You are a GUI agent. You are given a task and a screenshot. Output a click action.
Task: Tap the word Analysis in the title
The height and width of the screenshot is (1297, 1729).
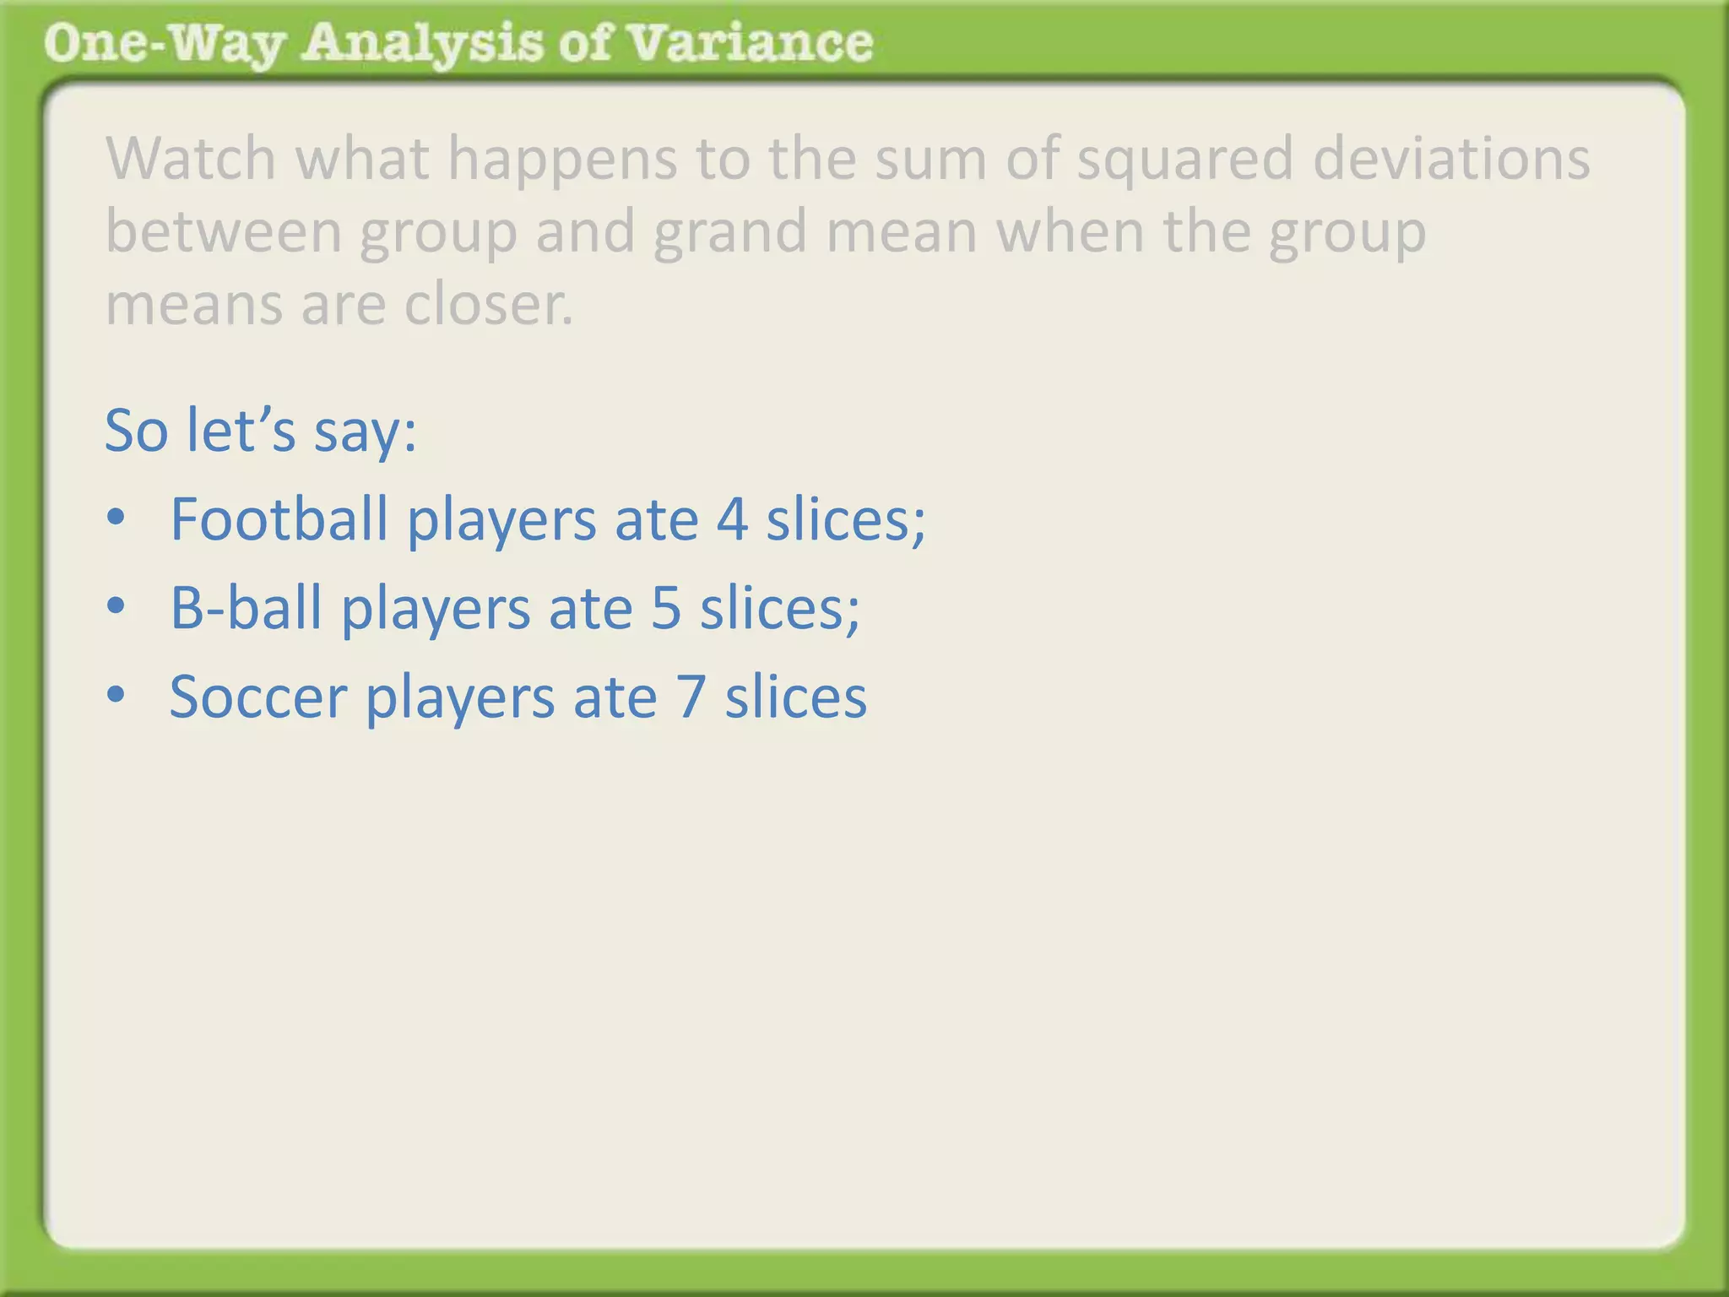(x=422, y=44)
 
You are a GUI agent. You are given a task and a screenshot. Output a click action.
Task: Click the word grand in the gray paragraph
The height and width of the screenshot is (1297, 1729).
(x=729, y=233)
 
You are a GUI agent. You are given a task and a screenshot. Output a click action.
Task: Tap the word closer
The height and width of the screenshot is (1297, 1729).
(x=489, y=304)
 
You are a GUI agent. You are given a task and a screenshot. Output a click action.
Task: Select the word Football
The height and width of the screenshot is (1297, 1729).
(x=279, y=518)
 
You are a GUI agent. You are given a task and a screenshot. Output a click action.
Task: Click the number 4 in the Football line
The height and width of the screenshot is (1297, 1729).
(x=732, y=519)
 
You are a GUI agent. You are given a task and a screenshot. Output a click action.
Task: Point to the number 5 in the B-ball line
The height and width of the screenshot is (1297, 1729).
(x=666, y=608)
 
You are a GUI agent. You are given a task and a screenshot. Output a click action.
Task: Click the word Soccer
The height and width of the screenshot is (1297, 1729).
(x=258, y=697)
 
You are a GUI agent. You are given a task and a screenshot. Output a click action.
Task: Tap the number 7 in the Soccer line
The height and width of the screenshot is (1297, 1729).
(x=691, y=697)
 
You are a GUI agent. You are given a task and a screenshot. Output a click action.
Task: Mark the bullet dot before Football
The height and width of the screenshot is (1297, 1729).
(x=117, y=518)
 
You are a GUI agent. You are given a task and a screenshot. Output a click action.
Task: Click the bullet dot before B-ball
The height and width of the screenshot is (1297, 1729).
(x=117, y=606)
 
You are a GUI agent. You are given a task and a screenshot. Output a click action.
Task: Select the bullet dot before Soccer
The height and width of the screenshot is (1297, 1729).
(x=117, y=696)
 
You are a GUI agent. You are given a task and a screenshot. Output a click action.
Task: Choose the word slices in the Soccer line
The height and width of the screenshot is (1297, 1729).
(x=795, y=697)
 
